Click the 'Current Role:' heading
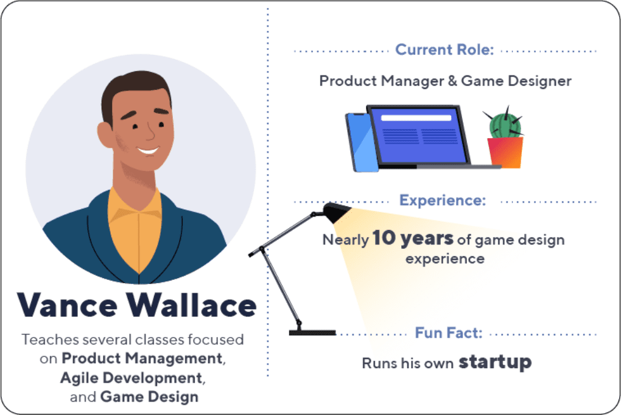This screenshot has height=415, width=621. click(444, 50)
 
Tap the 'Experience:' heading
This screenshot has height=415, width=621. click(443, 201)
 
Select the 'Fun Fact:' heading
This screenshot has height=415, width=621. click(449, 333)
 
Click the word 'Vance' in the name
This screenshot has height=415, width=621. click(68, 305)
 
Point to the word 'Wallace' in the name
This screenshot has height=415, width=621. click(192, 305)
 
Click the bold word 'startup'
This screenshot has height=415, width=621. click(495, 362)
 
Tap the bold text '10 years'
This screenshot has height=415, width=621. click(413, 238)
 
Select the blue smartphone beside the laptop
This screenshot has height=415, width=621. click(361, 142)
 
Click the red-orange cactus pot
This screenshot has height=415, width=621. click(505, 153)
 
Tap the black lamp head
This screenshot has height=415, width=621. click(336, 212)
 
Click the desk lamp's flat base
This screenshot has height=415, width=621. click(312, 333)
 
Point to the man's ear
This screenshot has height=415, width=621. click(105, 135)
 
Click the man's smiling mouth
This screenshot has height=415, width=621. click(148, 151)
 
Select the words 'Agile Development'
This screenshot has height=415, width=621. click(132, 378)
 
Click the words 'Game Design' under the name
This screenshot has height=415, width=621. click(149, 397)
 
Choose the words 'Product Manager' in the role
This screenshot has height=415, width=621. click(381, 81)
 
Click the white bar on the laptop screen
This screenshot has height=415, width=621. click(416, 118)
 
